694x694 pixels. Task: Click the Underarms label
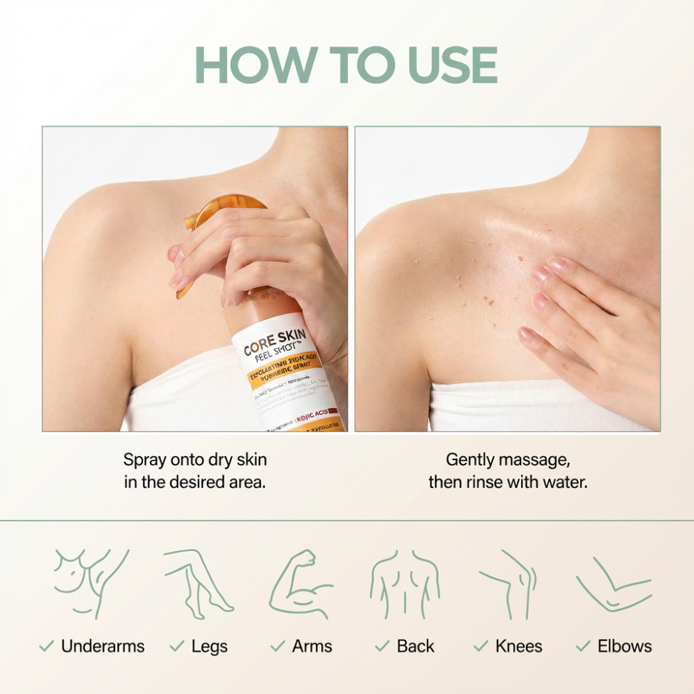(103, 646)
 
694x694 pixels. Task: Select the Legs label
(209, 646)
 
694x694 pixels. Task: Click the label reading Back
(415, 646)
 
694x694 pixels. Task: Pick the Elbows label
(625, 646)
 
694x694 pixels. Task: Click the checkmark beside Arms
(278, 647)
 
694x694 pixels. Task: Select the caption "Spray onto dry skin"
(195, 459)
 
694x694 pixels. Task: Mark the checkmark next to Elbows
(583, 647)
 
